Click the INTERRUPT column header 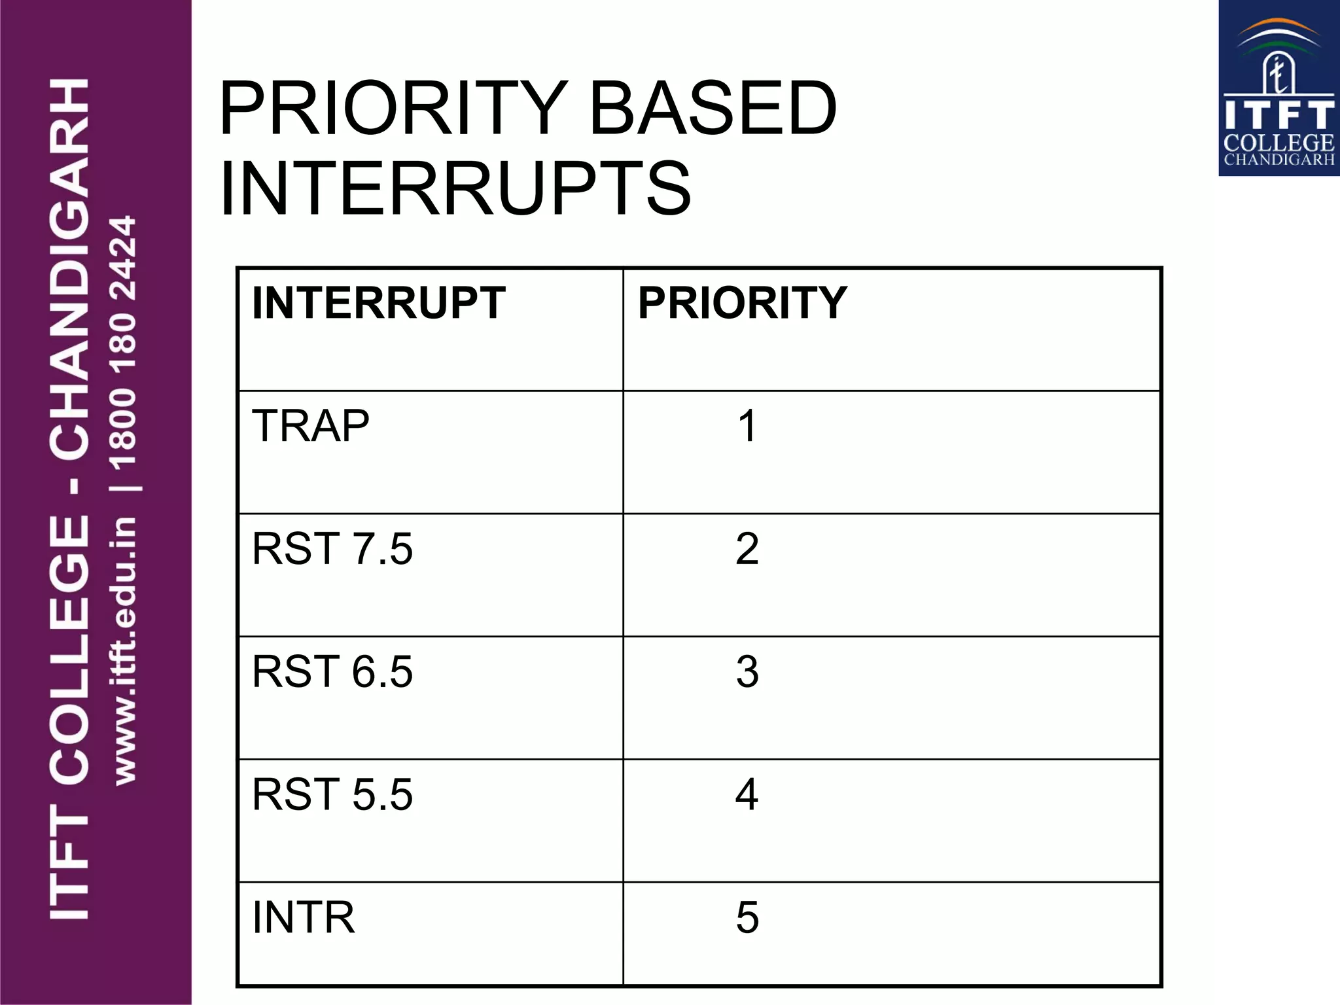(x=378, y=303)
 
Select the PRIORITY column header (x=742, y=303)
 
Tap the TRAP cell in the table (x=311, y=426)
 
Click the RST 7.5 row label (x=332, y=548)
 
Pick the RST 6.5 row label (x=332, y=671)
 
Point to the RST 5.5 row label (x=332, y=794)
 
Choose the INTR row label (x=304, y=917)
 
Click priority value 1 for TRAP (x=747, y=426)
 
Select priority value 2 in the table (x=747, y=548)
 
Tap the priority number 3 (x=747, y=671)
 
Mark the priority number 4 (x=747, y=794)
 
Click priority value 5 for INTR (x=747, y=917)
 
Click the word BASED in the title (x=713, y=108)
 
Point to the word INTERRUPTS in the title (x=455, y=189)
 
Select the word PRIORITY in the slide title (x=393, y=108)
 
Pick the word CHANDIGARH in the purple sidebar (x=69, y=268)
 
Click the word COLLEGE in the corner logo (x=1278, y=143)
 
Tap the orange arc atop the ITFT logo (x=1279, y=26)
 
